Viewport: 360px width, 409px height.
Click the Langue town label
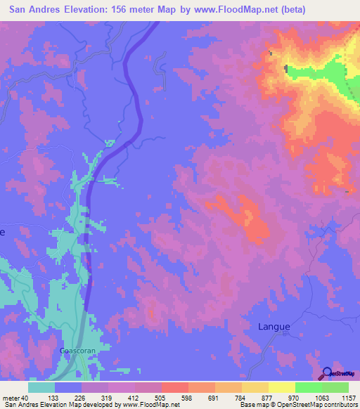coord(273,326)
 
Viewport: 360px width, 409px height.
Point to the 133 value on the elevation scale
coord(51,398)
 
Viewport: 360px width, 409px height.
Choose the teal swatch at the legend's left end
coord(41,387)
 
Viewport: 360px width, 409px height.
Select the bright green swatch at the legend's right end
coord(335,387)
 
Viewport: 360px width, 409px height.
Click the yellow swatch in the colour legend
coord(282,387)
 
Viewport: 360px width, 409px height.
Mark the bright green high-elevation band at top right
coord(316,72)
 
